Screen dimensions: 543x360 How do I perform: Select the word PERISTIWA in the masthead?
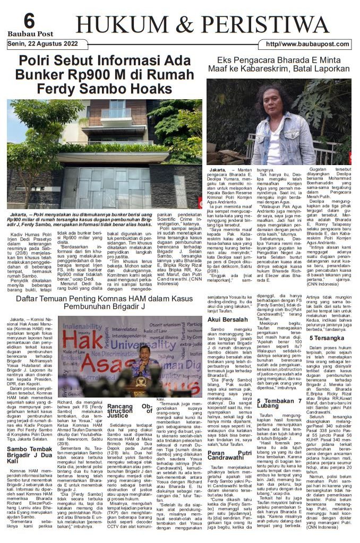pyautogui.click(x=265, y=24)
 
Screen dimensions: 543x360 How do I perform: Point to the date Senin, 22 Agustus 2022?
pyautogui.click(x=42, y=43)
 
